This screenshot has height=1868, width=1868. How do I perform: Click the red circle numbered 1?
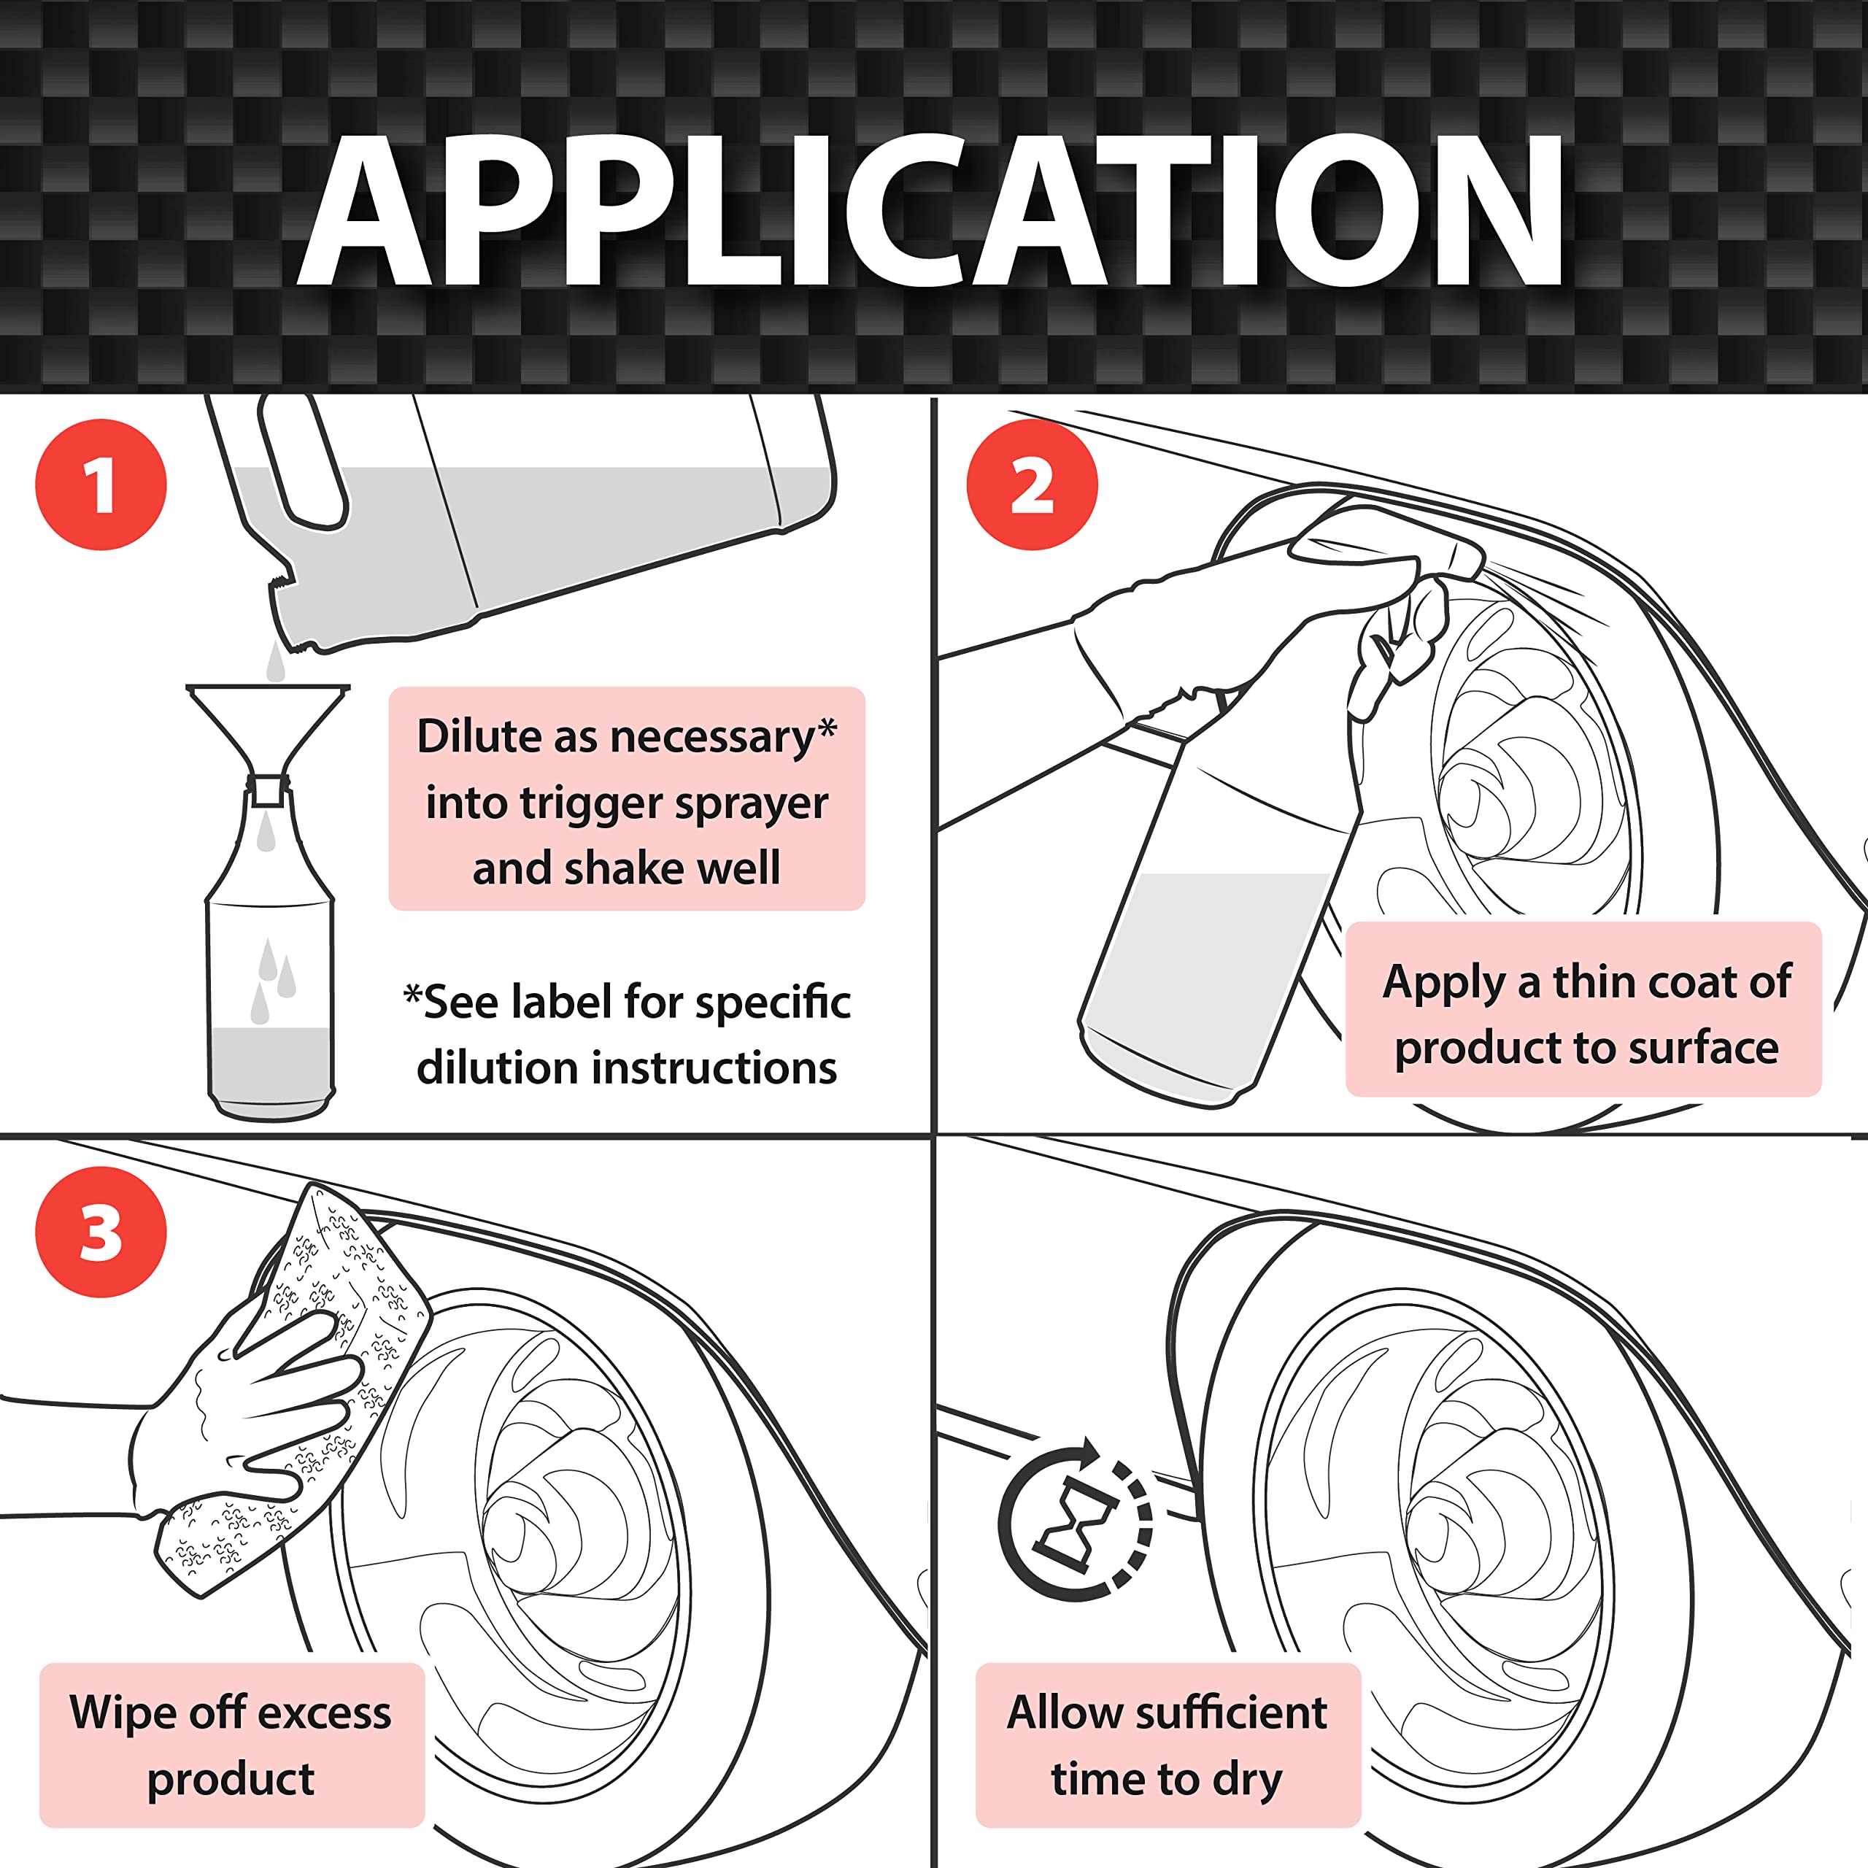pyautogui.click(x=101, y=485)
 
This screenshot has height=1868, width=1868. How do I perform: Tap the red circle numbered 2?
pyautogui.click(x=1032, y=485)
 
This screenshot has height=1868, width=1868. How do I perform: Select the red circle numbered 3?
pyautogui.click(x=101, y=1232)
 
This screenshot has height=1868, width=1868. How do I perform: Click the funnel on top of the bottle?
pyautogui.click(x=267, y=725)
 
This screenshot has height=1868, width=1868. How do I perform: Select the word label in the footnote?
pyautogui.click(x=564, y=1002)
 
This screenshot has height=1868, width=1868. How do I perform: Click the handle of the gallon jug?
pyautogui.click(x=300, y=464)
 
